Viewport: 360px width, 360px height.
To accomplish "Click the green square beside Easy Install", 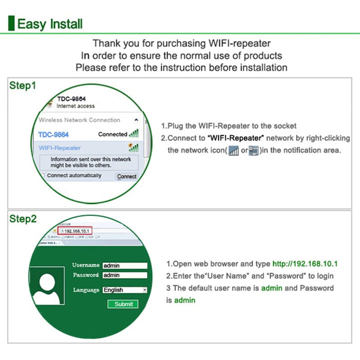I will tap(11, 23).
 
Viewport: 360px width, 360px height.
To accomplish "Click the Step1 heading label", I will tap(23, 85).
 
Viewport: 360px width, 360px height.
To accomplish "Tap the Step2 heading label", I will tap(23, 219).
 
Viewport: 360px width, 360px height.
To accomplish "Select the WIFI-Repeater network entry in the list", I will tap(60, 148).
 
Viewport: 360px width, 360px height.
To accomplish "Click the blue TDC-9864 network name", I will tap(53, 134).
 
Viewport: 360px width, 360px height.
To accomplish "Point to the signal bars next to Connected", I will tap(134, 133).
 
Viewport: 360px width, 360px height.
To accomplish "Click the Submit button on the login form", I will tap(123, 304).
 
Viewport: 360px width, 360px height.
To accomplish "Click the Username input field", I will tap(124, 266).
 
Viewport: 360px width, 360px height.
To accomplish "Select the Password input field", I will tap(124, 275).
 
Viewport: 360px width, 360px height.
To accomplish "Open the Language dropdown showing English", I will tap(124, 290).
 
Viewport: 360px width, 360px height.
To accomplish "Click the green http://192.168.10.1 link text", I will tap(305, 264).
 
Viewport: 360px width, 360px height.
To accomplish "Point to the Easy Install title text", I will tap(50, 24).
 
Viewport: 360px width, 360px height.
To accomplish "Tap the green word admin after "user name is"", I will tap(271, 288).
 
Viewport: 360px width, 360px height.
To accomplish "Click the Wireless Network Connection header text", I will tap(79, 120).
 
